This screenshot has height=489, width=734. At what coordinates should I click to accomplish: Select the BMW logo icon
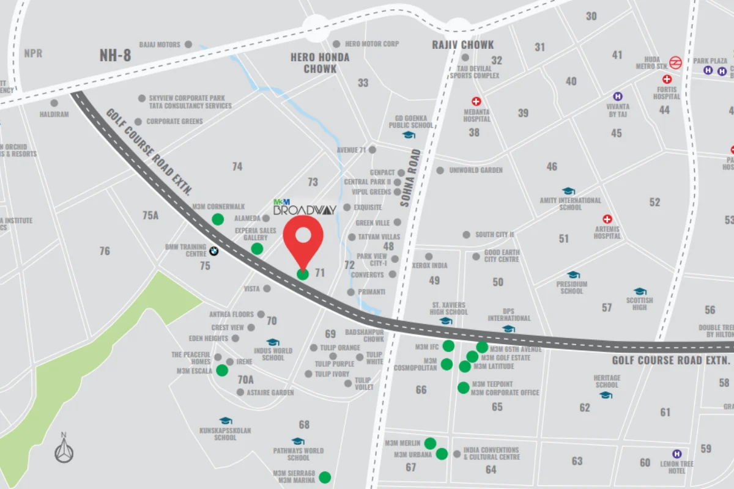point(213,251)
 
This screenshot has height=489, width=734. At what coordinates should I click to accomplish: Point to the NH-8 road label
point(115,56)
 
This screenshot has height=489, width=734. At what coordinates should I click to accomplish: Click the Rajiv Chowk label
point(462,45)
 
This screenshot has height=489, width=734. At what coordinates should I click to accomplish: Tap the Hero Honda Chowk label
point(320,63)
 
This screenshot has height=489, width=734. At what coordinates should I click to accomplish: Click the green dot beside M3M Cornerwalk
point(218,219)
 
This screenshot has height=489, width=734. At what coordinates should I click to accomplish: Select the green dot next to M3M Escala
point(222,370)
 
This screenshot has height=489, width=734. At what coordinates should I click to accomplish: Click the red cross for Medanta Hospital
point(476,101)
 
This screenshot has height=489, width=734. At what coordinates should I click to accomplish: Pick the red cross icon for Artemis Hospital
point(607,219)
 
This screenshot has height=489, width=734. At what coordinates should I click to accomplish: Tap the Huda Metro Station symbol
point(676,62)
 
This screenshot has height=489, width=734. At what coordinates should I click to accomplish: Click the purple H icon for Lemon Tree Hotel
point(677,454)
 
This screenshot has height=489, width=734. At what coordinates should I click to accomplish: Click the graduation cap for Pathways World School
point(298,441)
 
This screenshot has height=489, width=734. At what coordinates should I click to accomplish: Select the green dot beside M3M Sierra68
point(325,477)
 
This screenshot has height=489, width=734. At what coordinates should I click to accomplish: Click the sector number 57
point(607,307)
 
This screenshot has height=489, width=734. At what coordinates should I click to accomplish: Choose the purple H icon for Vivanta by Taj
point(618,97)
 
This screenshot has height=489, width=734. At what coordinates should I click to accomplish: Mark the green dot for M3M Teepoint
point(463,388)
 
